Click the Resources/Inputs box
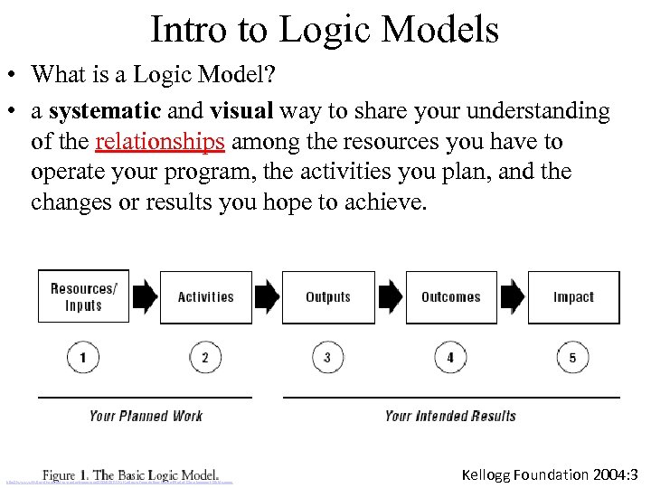pos(83,297)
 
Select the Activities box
pos(205,297)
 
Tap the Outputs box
pos(327,297)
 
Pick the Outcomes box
pos(450,297)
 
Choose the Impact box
pos(573,297)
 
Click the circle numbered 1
pos(83,358)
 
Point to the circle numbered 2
pos(205,358)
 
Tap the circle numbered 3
pos(327,358)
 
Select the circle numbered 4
pos(450,358)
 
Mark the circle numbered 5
pos(572,358)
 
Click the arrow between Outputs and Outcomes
pos(390,296)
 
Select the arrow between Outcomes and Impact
pos(512,296)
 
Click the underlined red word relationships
pos(159,142)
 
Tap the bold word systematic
pos(105,111)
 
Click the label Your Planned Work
pos(146,416)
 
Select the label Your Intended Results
pos(450,416)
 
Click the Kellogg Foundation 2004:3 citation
pos(551,474)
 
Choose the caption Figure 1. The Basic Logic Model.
pos(131,474)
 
